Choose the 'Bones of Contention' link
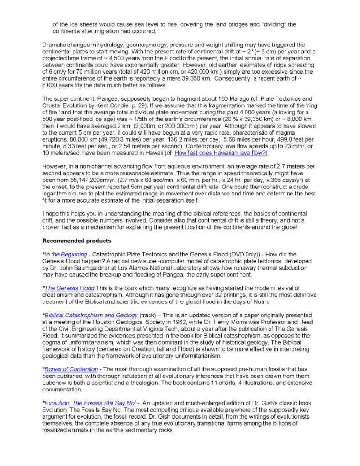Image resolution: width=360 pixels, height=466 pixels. pyautogui.click(x=71, y=369)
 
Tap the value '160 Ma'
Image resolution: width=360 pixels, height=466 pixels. pyautogui.click(x=226, y=99)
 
